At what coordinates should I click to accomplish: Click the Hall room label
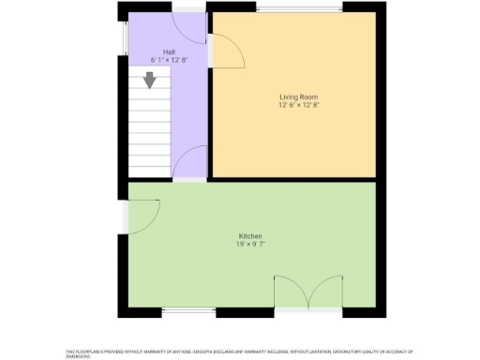point(169,52)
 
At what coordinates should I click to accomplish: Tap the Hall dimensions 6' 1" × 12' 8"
point(169,59)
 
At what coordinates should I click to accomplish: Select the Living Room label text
point(294,97)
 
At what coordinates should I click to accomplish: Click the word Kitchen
point(249,235)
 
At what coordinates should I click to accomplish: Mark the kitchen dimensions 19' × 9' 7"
point(249,244)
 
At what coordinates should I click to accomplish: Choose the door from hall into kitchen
point(190,161)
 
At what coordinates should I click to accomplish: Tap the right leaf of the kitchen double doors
point(324,292)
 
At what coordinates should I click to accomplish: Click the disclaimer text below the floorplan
point(239,353)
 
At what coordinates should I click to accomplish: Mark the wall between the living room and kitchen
point(294,178)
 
